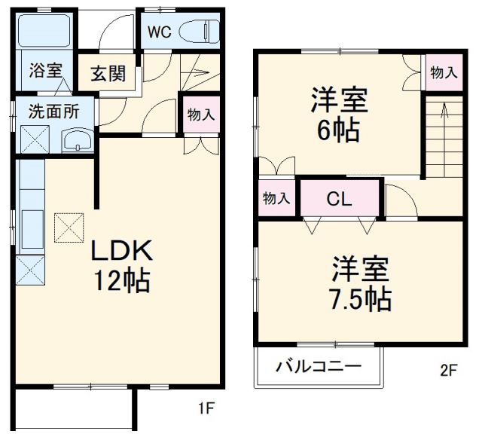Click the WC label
pyautogui.click(x=159, y=32)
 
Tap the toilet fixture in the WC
pyautogui.click(x=200, y=32)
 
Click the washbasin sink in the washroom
pyautogui.click(x=76, y=140)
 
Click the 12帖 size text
pyautogui.click(x=122, y=280)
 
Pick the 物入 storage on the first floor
pyautogui.click(x=200, y=115)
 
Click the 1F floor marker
pyautogui.click(x=206, y=409)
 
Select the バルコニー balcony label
pyautogui.click(x=318, y=367)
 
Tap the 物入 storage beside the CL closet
pyautogui.click(x=276, y=198)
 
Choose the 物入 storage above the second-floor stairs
pyautogui.click(x=443, y=73)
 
